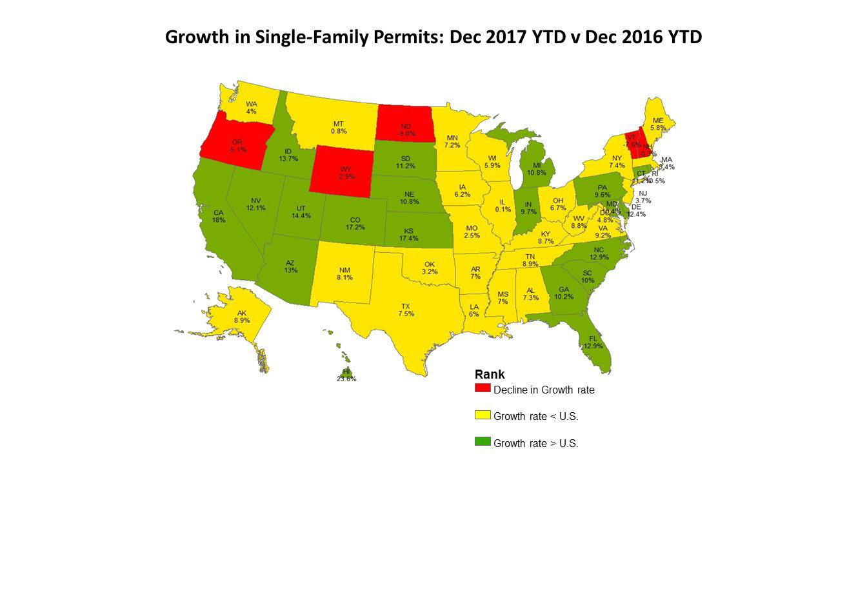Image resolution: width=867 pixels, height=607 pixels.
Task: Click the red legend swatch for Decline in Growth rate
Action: pyautogui.click(x=483, y=388)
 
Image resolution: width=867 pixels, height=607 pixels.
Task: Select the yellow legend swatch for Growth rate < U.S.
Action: pyautogui.click(x=483, y=415)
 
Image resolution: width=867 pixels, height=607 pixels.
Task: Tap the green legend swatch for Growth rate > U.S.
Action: pyautogui.click(x=483, y=442)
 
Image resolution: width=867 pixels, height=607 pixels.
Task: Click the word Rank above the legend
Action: pyautogui.click(x=490, y=375)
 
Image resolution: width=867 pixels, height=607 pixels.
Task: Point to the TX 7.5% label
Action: pyautogui.click(x=406, y=310)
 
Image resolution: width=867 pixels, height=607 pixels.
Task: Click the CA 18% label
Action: pyautogui.click(x=219, y=216)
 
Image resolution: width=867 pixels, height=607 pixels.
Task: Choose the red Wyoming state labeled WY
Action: pyautogui.click(x=346, y=172)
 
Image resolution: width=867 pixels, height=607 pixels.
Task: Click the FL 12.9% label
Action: pyautogui.click(x=593, y=342)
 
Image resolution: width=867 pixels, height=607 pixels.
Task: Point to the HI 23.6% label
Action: pyautogui.click(x=346, y=375)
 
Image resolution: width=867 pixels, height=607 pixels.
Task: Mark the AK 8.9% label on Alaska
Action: pyautogui.click(x=242, y=316)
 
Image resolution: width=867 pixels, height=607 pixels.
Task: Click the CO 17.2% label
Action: pyautogui.click(x=355, y=223)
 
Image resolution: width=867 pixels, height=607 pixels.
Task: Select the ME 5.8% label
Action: pyautogui.click(x=658, y=124)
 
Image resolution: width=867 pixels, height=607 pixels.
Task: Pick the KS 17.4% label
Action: pyautogui.click(x=408, y=234)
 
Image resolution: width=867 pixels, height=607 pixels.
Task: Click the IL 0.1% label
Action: pyautogui.click(x=498, y=205)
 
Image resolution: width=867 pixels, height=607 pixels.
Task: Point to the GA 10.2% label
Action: pyautogui.click(x=564, y=293)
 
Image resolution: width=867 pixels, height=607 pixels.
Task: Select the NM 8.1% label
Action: pyautogui.click(x=344, y=274)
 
